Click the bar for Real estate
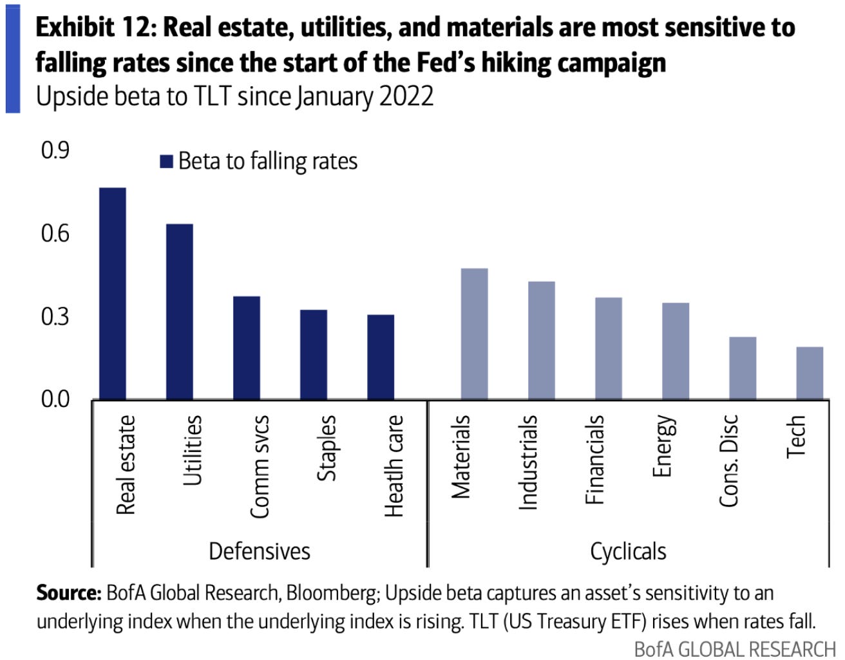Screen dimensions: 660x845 tap(113, 294)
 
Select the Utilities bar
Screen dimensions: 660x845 tap(180, 312)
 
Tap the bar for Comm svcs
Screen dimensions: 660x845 tap(247, 348)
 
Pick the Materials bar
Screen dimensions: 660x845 tap(475, 334)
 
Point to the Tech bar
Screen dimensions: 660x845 tap(810, 373)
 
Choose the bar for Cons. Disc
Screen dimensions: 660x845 tap(743, 368)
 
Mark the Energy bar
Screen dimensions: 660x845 tap(676, 351)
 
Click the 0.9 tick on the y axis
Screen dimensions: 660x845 tap(55, 150)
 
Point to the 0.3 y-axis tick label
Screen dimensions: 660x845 tap(55, 316)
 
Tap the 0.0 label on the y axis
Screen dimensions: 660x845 tap(55, 399)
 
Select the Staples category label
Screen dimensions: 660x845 tap(327, 448)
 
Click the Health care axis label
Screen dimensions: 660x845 tap(394, 466)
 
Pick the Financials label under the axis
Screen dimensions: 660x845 tap(594, 459)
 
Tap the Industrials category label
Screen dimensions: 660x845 tap(527, 462)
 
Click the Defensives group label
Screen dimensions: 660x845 tap(260, 551)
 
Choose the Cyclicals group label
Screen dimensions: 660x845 tap(628, 551)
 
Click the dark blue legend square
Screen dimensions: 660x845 tap(166, 161)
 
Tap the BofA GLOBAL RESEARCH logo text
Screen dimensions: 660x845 tap(734, 648)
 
